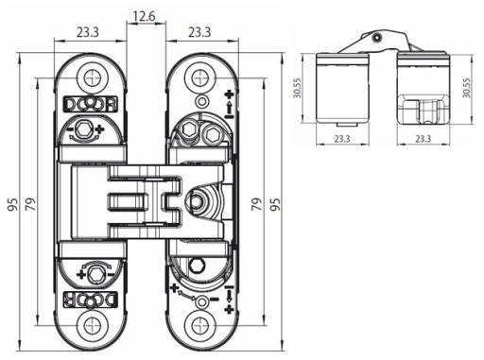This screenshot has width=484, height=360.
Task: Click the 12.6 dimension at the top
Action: pos(145,16)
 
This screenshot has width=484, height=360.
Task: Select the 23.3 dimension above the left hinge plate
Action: pos(88,32)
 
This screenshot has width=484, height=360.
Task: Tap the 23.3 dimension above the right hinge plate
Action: pos(199,32)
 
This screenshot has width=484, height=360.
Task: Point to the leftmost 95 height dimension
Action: pos(12,204)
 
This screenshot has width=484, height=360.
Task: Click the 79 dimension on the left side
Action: pos(30,204)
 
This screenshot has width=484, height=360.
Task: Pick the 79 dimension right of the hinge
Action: pos(257,204)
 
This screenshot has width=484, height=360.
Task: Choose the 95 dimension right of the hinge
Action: pos(275,204)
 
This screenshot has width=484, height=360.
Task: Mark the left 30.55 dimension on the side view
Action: pos(298,88)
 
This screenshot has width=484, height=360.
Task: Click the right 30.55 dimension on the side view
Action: pos(467,88)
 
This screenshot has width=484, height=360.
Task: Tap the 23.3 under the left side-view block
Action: pos(342,139)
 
